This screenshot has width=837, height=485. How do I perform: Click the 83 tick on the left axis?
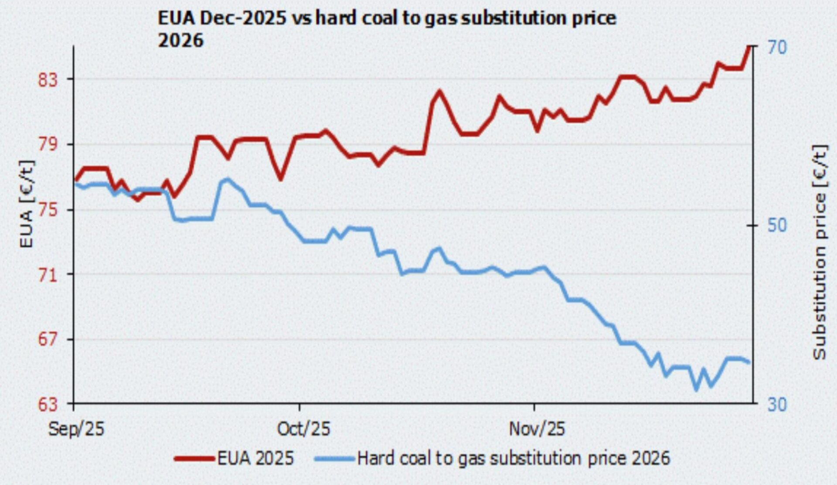point(48,79)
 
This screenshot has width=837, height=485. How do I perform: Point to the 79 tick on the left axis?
point(48,144)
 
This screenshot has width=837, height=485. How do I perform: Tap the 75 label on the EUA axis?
point(48,210)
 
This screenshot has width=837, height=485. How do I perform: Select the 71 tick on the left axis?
point(48,275)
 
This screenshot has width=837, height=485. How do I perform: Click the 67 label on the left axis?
point(48,339)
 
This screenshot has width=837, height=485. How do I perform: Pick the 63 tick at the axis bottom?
point(48,404)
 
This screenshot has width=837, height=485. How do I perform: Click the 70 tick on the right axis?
point(777,47)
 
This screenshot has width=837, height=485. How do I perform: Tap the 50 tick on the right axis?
point(777,225)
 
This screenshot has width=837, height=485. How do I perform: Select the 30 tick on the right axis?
point(777,404)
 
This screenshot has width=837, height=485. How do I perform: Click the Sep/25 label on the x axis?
point(76,429)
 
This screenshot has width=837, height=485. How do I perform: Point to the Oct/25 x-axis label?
point(303,429)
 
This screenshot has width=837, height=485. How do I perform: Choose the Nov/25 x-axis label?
point(537,429)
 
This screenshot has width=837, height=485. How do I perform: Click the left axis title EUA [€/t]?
point(27,204)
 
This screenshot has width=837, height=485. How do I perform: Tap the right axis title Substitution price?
point(820,253)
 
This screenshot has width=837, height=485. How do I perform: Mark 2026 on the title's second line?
point(180,41)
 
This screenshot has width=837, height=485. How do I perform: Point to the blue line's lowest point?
point(696,389)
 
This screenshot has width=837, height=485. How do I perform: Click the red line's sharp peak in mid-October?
point(439,92)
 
